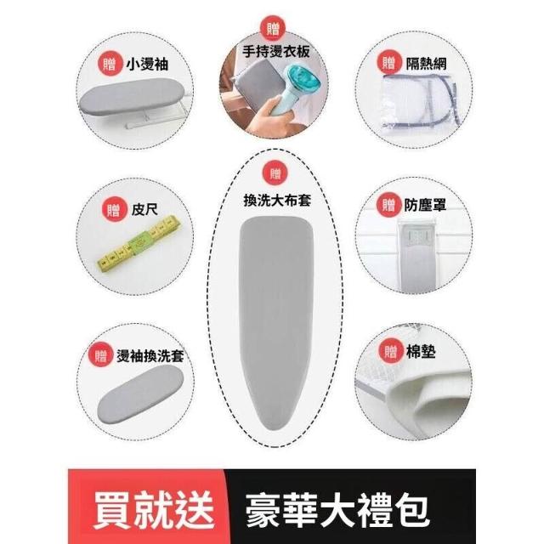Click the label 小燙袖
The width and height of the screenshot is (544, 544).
(x=147, y=65)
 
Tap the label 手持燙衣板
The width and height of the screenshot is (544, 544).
(x=275, y=52)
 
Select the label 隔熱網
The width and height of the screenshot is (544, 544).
(x=426, y=64)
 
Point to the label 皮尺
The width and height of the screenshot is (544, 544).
(x=144, y=209)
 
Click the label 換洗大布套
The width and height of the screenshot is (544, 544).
(x=277, y=201)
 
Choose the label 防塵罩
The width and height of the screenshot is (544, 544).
(x=425, y=206)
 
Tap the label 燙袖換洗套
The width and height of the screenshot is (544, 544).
(x=150, y=356)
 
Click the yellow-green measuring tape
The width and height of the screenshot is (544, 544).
(x=139, y=243)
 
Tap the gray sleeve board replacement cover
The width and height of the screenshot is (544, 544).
(x=140, y=393)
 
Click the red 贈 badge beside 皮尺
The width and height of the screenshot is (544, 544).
(x=113, y=210)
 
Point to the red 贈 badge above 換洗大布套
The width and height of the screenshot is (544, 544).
(x=275, y=173)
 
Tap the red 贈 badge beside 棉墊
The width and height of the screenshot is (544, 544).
(x=391, y=352)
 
